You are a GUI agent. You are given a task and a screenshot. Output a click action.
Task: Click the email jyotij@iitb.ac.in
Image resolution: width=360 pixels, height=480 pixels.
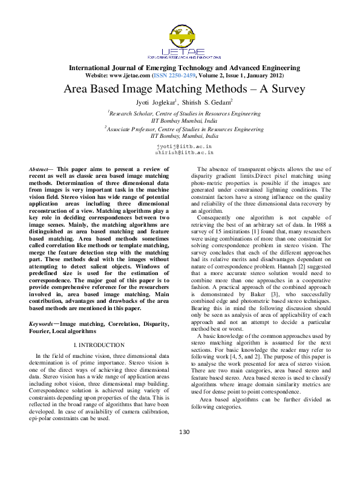coord(184,146)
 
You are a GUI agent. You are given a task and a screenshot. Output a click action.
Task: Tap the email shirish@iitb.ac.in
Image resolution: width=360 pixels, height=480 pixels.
coord(184,153)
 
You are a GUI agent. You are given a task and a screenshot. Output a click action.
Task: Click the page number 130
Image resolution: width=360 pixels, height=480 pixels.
coord(184,431)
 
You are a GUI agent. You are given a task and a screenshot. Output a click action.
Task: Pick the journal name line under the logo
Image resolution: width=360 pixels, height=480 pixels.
coord(185,68)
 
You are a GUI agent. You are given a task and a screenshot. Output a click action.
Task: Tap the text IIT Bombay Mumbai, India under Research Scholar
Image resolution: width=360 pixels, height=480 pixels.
coord(184,121)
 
